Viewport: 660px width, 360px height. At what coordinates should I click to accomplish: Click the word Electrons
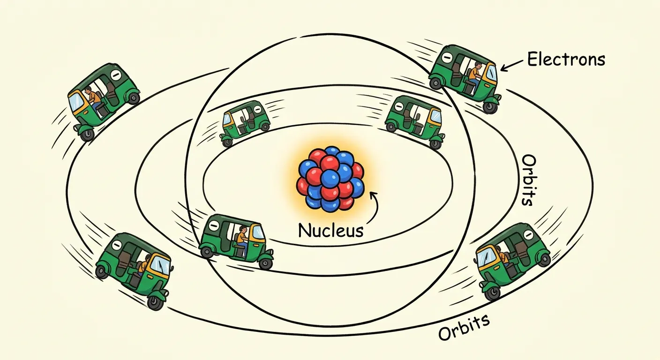click(566, 60)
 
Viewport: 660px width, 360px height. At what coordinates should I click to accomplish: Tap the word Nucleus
click(330, 230)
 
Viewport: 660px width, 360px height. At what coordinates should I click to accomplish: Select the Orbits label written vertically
click(527, 180)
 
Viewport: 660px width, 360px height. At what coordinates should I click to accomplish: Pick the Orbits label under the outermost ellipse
click(464, 327)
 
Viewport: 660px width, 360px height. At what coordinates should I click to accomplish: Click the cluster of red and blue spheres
click(330, 178)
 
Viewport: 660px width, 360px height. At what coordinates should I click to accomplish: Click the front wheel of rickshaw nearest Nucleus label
click(265, 263)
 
